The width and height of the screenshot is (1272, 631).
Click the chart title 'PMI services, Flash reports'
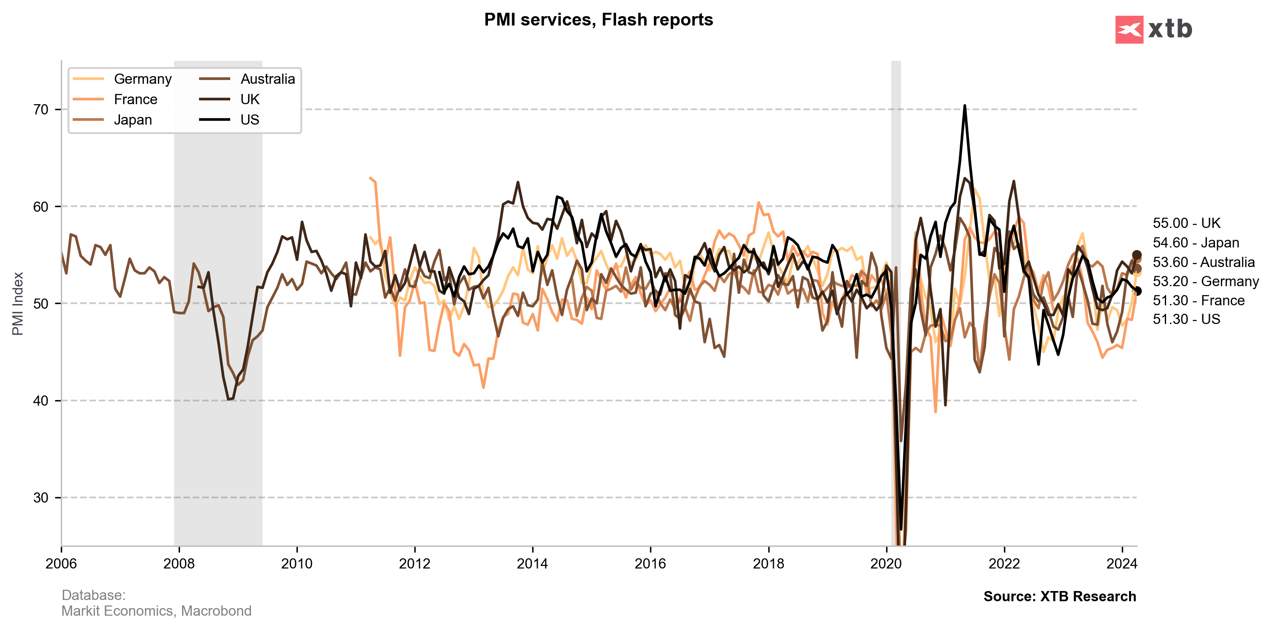click(x=598, y=20)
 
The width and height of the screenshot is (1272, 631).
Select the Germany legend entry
click(x=142, y=79)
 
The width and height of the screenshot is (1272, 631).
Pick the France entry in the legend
click(x=135, y=99)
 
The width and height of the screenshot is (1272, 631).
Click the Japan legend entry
click(x=133, y=120)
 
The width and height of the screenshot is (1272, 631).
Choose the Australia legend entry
click(x=267, y=79)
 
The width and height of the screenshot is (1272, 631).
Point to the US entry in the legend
click(x=249, y=120)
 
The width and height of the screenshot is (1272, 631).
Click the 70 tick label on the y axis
click(x=41, y=110)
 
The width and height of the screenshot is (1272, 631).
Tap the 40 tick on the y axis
click(x=41, y=401)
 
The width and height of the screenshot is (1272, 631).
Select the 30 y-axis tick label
click(x=41, y=498)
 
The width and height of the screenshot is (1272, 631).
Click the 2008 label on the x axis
click(x=179, y=563)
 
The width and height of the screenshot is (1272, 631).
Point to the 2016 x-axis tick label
click(x=650, y=563)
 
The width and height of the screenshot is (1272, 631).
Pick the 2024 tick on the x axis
click(x=1122, y=563)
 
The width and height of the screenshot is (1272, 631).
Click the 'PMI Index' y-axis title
click(x=18, y=304)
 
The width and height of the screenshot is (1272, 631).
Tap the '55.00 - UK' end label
click(x=1186, y=223)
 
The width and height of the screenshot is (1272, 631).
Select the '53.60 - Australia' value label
click(x=1204, y=262)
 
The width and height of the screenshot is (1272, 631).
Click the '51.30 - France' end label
click(x=1198, y=301)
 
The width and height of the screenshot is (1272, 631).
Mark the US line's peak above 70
click(x=964, y=105)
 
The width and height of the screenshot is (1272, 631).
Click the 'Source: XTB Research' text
click(x=1059, y=597)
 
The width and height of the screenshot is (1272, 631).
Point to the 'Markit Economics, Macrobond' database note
click(x=156, y=611)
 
